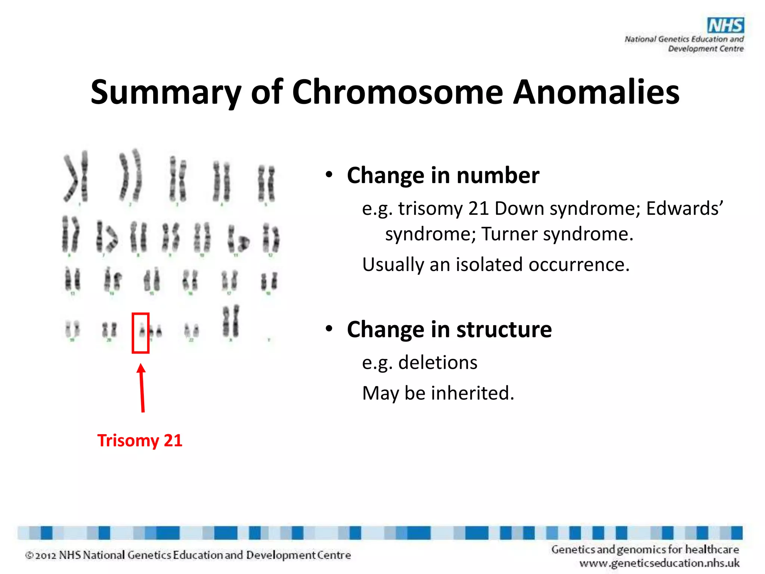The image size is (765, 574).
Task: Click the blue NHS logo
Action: pos(725,26)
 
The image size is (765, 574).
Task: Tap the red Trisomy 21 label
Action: pos(140,440)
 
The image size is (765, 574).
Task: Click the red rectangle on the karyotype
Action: pos(140,333)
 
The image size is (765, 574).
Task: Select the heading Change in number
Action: pos(443,175)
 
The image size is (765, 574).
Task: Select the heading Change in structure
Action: pos(449,329)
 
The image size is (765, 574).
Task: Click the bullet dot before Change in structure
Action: pos(329,328)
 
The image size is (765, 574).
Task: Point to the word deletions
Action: pos(437,362)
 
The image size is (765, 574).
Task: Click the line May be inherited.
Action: pos(438,393)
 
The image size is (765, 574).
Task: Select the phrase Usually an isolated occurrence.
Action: pos(496,265)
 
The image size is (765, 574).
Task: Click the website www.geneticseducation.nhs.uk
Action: pos(659,563)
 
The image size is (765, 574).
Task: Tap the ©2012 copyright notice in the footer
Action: pos(188,555)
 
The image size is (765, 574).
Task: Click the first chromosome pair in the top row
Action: pos(76,176)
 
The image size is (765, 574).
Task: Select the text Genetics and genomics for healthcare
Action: pos(645,549)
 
